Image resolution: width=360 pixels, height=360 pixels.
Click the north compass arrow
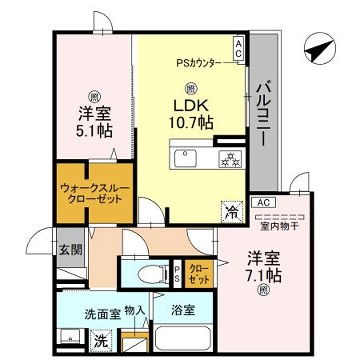pyautogui.click(x=317, y=47)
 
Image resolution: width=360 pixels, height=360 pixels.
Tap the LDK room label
pyautogui.click(x=192, y=104)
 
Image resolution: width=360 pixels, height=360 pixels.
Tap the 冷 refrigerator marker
pyautogui.click(x=231, y=212)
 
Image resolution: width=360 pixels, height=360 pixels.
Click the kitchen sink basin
pyautogui.click(x=187, y=161)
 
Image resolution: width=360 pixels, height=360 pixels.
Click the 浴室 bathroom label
pyautogui.click(x=182, y=311)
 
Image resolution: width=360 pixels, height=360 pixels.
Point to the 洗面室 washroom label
pyautogui.click(x=102, y=313)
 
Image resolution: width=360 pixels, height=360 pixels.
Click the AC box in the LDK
pyautogui.click(x=238, y=46)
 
